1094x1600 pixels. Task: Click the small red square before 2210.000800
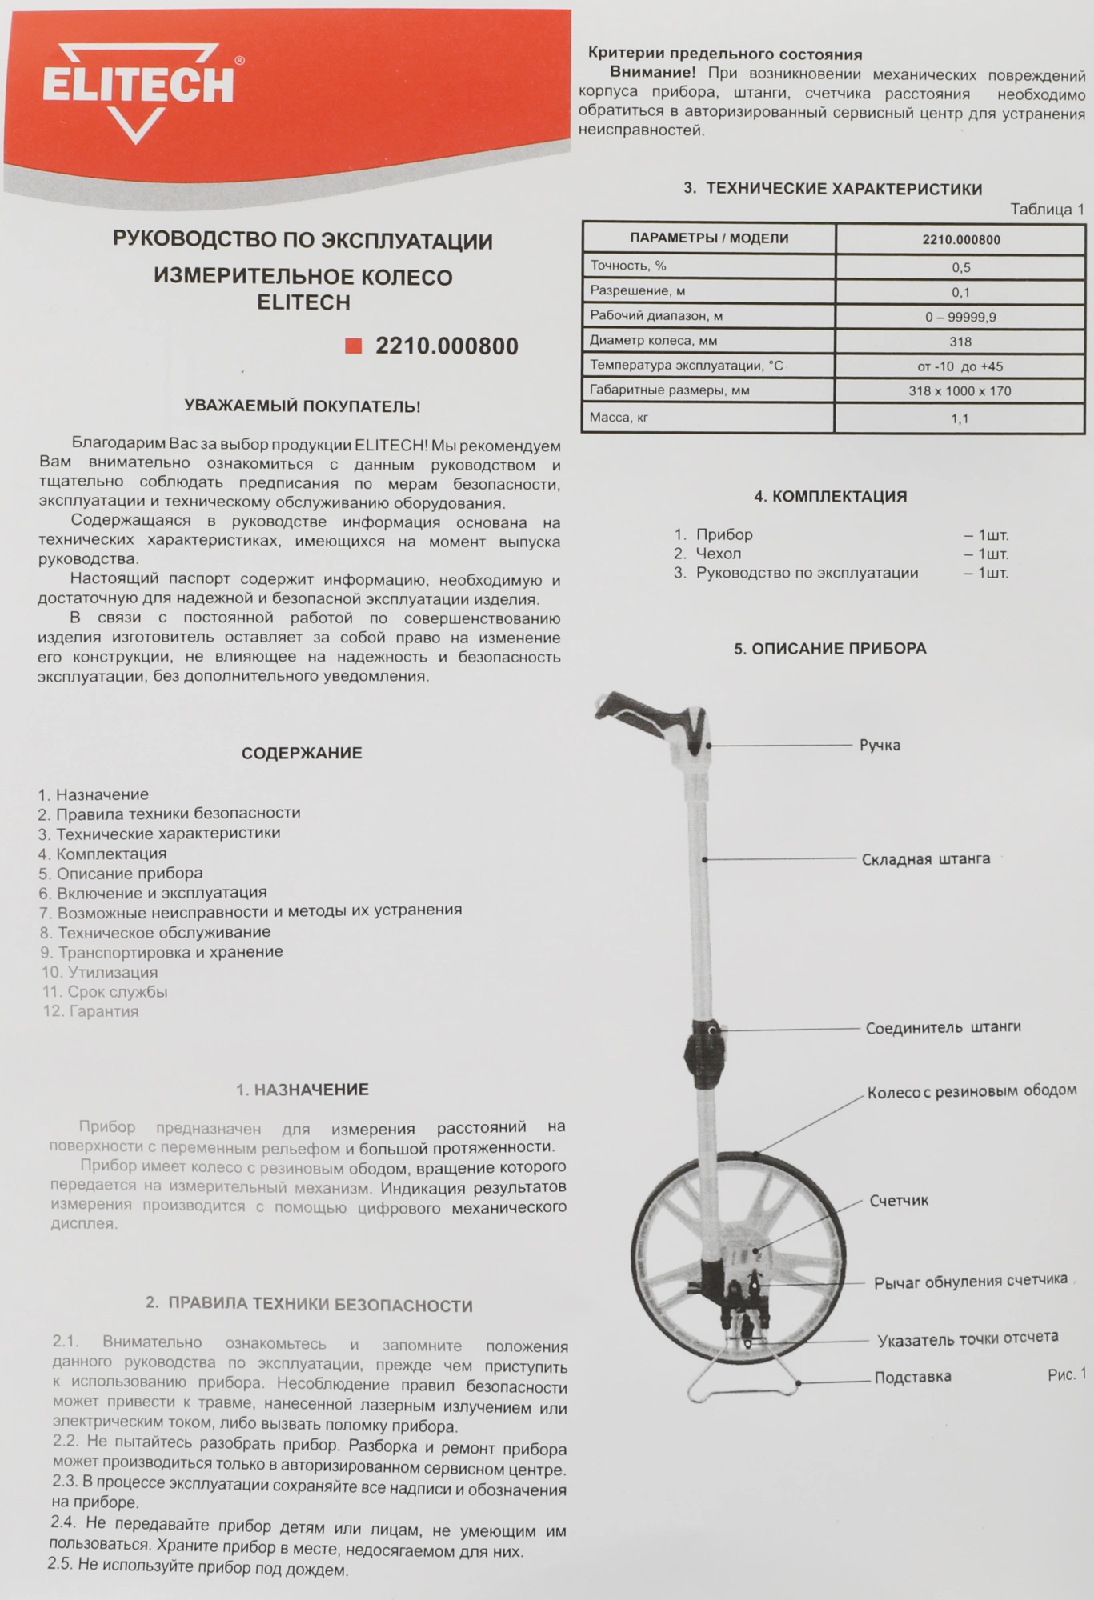pos(353,346)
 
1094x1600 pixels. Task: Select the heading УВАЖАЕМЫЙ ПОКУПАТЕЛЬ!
pos(303,406)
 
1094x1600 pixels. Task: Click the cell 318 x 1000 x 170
pos(960,391)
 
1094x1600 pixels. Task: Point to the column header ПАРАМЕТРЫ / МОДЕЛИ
pos(709,238)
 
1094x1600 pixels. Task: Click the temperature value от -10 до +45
pos(960,366)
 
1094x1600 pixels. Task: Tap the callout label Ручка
pos(880,746)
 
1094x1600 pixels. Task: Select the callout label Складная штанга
pos(925,859)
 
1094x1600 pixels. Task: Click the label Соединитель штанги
pos(943,1027)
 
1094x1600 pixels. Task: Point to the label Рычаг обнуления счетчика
pos(970,1281)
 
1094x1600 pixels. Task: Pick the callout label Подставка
pos(912,1377)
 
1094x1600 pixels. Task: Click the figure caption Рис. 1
pos(1067,1374)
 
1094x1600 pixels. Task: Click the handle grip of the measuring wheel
pos(640,714)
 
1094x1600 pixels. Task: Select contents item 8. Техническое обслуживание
pos(155,932)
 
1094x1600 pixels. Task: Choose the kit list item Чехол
pos(718,554)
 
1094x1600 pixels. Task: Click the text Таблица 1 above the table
pos(1047,210)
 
